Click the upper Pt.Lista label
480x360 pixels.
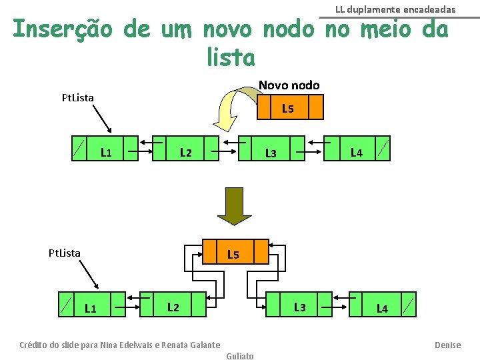tap(77, 97)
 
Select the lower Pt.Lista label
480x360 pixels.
tap(65, 253)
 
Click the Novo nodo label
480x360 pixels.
tap(289, 85)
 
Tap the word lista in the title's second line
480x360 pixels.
tap(231, 58)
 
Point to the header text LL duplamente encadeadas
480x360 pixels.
tap(395, 9)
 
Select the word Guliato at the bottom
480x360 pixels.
tap(240, 356)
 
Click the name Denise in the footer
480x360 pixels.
tap(447, 345)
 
